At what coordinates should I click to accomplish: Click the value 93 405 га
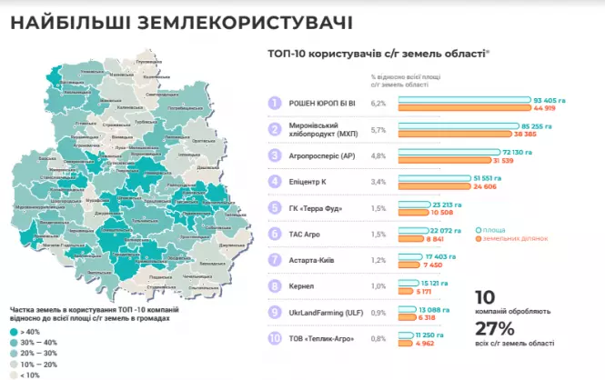click(550, 99)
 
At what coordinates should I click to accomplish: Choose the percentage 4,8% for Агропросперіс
click(379, 155)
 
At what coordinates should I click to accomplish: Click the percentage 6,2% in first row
click(379, 104)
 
